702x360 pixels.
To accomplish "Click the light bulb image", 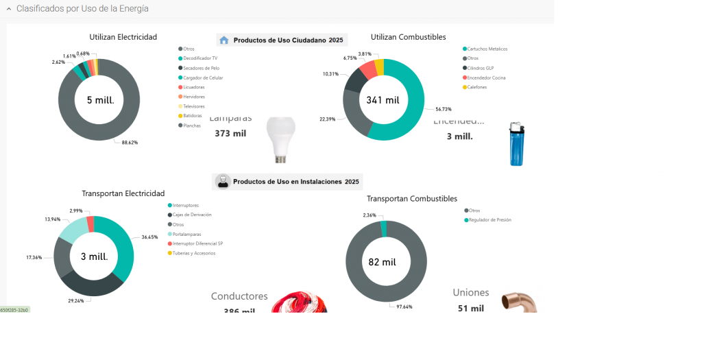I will [x=280, y=139].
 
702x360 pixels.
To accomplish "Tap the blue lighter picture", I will [x=516, y=144].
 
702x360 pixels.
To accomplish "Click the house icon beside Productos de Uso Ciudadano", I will [x=223, y=40].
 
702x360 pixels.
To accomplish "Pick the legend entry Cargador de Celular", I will [x=203, y=77].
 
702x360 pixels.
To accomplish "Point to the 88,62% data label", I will [x=130, y=143].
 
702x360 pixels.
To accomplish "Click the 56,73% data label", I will [x=443, y=109].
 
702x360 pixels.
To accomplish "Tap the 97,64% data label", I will [x=404, y=307].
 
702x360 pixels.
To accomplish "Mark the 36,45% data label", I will [x=149, y=237].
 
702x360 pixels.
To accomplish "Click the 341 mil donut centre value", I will [x=383, y=100].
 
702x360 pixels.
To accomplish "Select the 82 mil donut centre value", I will [x=383, y=262].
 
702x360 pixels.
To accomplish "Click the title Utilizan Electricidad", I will [x=123, y=37].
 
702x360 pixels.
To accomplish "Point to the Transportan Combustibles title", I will [x=411, y=199].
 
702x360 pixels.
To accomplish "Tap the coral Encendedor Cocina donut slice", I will [x=369, y=69].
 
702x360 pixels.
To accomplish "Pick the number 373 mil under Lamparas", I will [x=230, y=134].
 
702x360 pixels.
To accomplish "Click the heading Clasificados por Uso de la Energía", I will [x=82, y=8].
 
